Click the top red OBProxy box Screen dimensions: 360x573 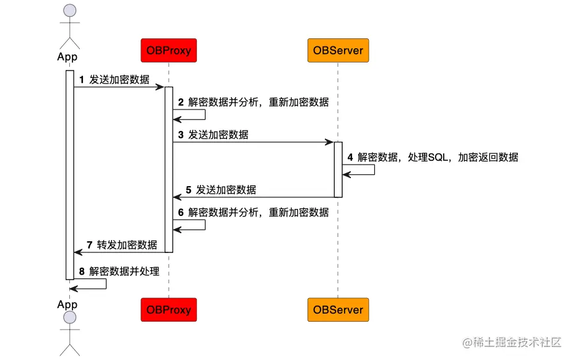168,50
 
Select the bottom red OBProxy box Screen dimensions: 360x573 168,309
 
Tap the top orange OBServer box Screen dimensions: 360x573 338,50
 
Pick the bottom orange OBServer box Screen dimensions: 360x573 338,309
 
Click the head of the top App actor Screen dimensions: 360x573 70,11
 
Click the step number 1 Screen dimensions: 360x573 81,80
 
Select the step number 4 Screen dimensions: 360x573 350,158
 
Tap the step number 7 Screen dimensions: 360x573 89,245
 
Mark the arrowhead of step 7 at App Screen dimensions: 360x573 77,252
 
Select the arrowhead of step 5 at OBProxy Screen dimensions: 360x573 176,197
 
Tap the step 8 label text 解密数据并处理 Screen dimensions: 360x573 124,272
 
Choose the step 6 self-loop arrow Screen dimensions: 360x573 204,225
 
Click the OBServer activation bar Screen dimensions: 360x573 338,169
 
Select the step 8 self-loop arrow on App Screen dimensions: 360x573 105,284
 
